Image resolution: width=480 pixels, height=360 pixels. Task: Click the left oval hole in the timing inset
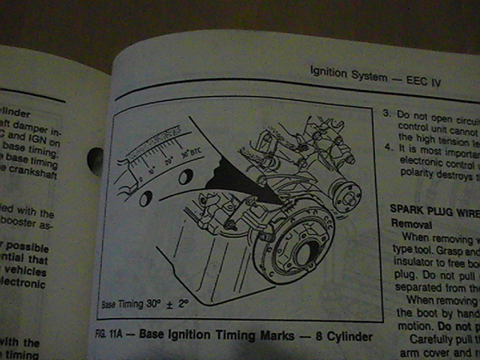146,198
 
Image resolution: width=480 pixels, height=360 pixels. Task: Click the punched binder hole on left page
96,161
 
